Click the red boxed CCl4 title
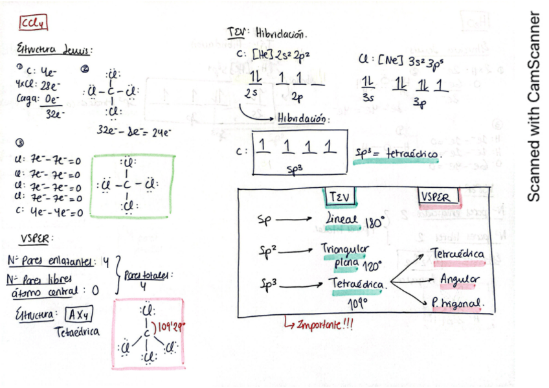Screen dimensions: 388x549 pyautogui.click(x=32, y=25)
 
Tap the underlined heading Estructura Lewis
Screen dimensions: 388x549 pyautogui.click(x=54, y=50)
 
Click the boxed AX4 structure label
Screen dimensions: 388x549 pyautogui.click(x=81, y=315)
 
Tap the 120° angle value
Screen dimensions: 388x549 pyautogui.click(x=371, y=266)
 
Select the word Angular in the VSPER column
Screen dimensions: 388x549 pyautogui.click(x=460, y=279)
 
